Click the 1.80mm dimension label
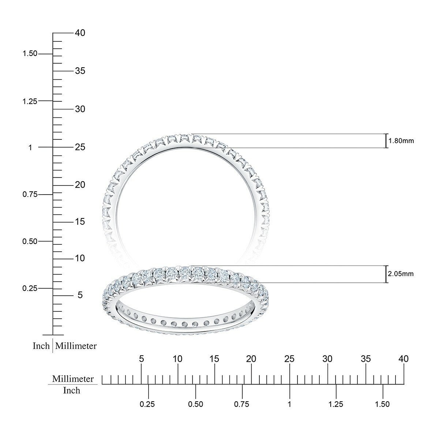[x=401, y=141]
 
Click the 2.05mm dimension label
[x=401, y=274]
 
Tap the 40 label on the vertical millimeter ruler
[x=80, y=33]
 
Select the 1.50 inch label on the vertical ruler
[x=30, y=53]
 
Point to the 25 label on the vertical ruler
[x=80, y=147]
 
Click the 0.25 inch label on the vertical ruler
[x=30, y=288]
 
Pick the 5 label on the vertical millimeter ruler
[x=80, y=295]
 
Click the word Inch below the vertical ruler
[x=41, y=346]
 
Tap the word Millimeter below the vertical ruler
[x=76, y=346]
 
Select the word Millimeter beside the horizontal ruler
[x=73, y=379]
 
